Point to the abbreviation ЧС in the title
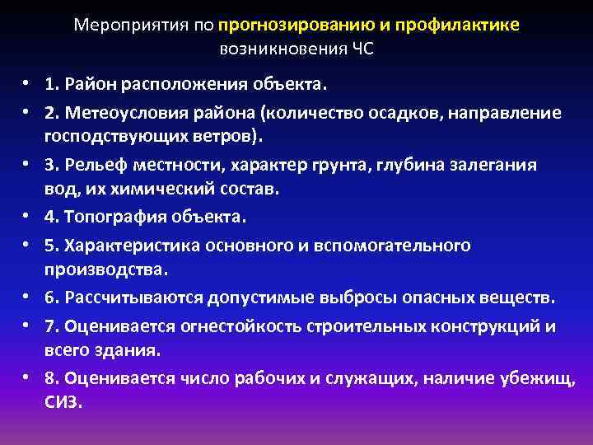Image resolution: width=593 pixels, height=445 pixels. (x=362, y=48)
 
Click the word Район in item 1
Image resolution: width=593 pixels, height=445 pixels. (x=89, y=84)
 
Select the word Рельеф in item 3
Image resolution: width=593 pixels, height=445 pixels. (x=95, y=165)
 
